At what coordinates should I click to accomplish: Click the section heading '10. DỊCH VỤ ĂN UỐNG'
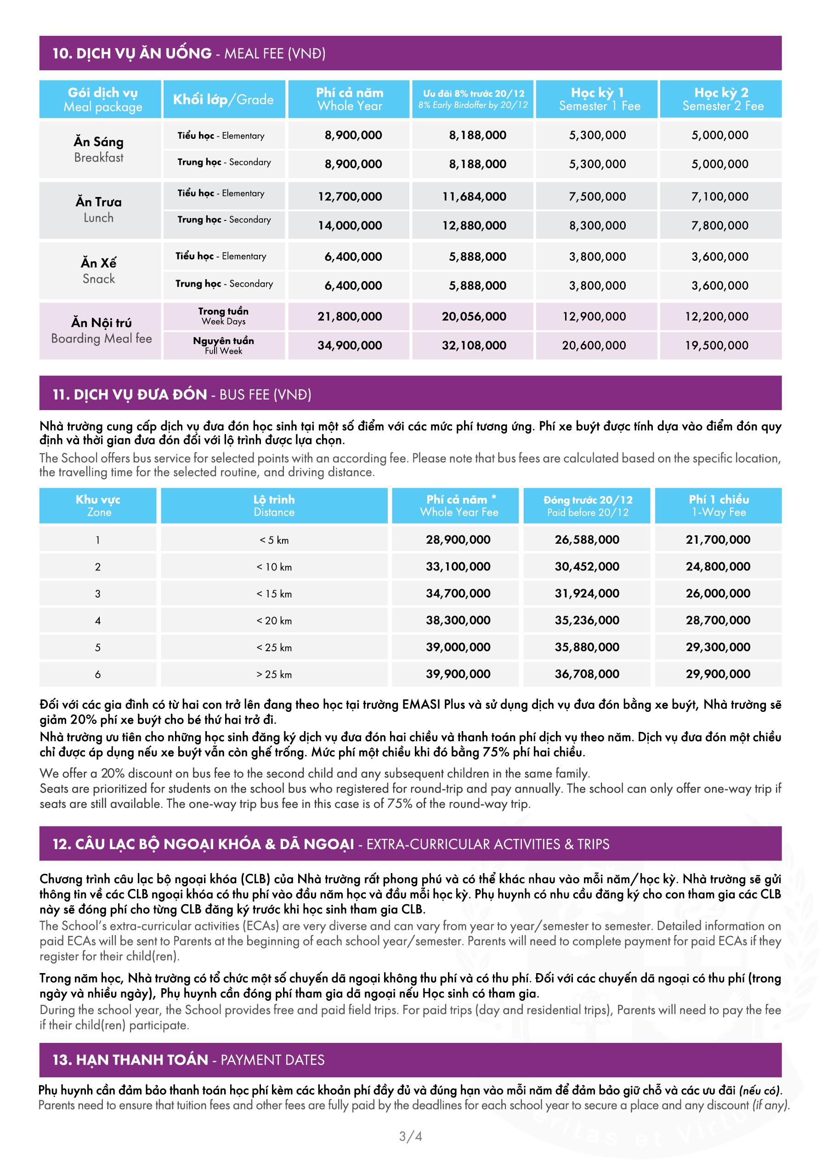tap(132, 54)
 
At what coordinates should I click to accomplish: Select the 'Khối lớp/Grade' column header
tap(223, 100)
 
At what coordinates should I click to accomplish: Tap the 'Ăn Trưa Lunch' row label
tap(99, 210)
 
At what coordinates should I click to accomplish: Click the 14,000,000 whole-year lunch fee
tap(350, 226)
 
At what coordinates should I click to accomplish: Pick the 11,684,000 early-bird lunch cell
tap(474, 197)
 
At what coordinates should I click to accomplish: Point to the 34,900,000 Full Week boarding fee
tap(350, 346)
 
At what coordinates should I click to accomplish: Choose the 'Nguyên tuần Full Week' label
tap(223, 346)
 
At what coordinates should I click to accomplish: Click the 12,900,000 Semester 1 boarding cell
tap(595, 317)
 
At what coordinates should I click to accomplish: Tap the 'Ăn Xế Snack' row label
tap(99, 271)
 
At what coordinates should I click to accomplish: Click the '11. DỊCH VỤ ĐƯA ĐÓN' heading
tap(130, 394)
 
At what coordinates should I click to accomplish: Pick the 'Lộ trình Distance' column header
tap(274, 506)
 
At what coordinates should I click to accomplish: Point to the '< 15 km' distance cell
tap(274, 594)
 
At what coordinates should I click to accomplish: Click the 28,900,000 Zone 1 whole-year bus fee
tap(458, 540)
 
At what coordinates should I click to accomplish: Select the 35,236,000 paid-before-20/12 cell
tap(587, 620)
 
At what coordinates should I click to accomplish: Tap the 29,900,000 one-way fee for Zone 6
tap(718, 674)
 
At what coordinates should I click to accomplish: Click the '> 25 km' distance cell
tap(274, 675)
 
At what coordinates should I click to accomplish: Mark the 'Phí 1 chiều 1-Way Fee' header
tap(719, 506)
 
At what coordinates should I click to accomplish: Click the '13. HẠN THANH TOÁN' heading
tap(130, 1060)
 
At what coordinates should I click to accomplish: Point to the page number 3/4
tap(411, 1136)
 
